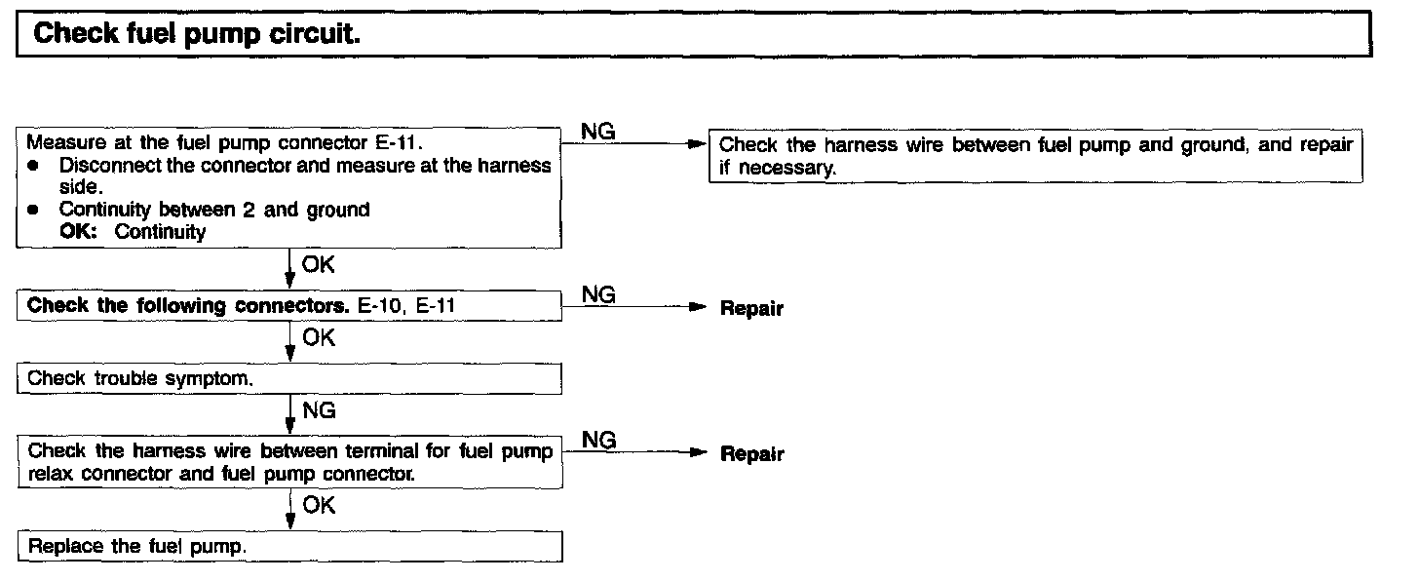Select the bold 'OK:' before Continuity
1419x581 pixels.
coord(81,232)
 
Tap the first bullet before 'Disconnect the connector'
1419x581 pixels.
coord(33,166)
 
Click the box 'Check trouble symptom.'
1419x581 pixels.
coord(289,378)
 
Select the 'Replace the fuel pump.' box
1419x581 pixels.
coord(289,546)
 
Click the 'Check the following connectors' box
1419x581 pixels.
coord(289,305)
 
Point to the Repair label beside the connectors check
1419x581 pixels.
coord(751,309)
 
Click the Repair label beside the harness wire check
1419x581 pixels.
coord(751,454)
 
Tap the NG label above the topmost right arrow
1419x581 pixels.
coord(598,131)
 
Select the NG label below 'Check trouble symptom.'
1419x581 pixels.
coord(319,411)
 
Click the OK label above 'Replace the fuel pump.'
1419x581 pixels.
coord(319,505)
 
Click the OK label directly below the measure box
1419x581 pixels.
coord(319,264)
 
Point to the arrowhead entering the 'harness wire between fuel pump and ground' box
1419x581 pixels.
coord(695,145)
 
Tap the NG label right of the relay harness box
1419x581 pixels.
coord(598,441)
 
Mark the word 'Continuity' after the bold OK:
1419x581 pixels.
coord(160,232)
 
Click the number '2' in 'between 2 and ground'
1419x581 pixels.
coord(249,210)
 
